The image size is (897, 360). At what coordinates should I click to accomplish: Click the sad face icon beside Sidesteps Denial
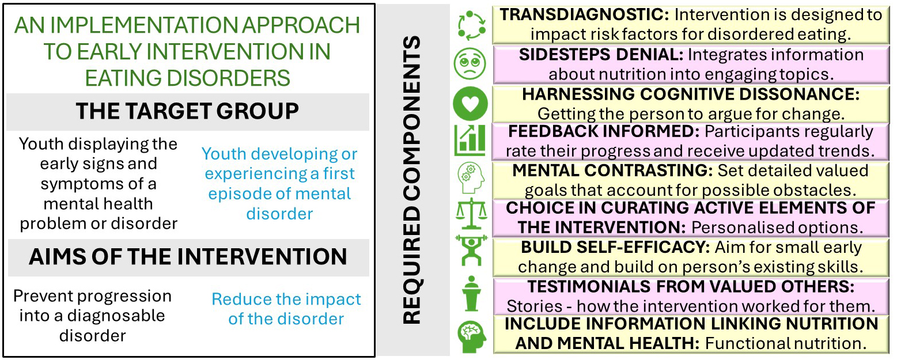pos(470,63)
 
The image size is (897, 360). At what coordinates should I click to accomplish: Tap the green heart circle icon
pos(470,103)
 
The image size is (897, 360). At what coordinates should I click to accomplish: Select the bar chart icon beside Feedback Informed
pos(470,140)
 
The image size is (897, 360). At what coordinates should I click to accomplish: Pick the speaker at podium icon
pos(471,293)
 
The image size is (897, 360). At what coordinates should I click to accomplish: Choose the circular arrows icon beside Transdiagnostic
pos(472,25)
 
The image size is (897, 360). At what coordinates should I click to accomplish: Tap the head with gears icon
pos(471,178)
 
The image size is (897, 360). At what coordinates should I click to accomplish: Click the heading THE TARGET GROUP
pos(187,111)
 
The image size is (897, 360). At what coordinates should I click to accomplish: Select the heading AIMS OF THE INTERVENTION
pos(188,257)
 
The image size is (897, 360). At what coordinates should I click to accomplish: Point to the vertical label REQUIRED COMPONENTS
pos(412,180)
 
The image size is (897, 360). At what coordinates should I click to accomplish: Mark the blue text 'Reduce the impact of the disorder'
pos(286,309)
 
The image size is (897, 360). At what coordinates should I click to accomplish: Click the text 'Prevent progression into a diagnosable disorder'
pos(93,316)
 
